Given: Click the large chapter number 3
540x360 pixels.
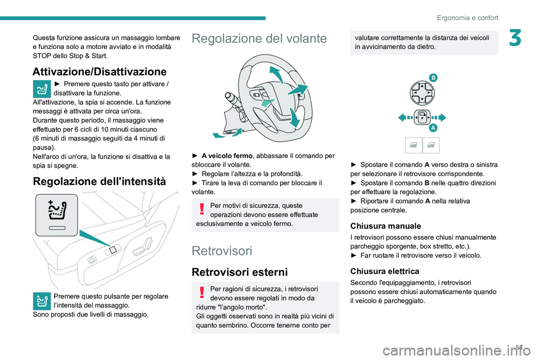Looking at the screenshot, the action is (x=515, y=38).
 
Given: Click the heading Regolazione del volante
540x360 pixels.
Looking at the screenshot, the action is (x=259, y=38).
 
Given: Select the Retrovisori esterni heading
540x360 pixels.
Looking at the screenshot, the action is (x=240, y=272).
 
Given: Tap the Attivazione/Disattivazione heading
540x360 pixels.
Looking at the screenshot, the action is (x=100, y=71).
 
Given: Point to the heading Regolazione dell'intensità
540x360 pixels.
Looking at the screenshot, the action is (x=100, y=181).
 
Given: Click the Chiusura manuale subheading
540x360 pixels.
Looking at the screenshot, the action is (x=385, y=226).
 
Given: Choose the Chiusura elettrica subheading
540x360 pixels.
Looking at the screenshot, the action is (x=385, y=271).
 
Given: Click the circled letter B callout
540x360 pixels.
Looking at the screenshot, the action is (x=433, y=78).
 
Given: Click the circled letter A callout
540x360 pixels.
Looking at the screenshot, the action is (x=433, y=128).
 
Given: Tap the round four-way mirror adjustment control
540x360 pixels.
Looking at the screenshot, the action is (x=422, y=93).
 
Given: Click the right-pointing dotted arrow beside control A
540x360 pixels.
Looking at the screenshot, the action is (x=439, y=118).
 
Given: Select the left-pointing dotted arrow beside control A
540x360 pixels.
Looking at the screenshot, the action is (x=406, y=118).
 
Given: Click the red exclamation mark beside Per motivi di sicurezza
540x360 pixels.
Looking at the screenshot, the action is (x=202, y=209).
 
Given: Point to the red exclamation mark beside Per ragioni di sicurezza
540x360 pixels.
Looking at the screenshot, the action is (x=202, y=292).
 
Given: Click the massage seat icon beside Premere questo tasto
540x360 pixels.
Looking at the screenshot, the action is (x=42, y=89).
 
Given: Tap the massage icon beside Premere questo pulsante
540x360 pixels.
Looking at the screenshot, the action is (x=42, y=301).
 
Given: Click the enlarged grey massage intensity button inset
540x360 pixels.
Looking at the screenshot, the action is (x=57, y=215).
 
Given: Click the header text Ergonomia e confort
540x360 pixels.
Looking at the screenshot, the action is (x=467, y=17).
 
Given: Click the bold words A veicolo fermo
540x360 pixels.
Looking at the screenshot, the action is (x=227, y=156).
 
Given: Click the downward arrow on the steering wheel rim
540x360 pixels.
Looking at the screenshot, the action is (x=294, y=118).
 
